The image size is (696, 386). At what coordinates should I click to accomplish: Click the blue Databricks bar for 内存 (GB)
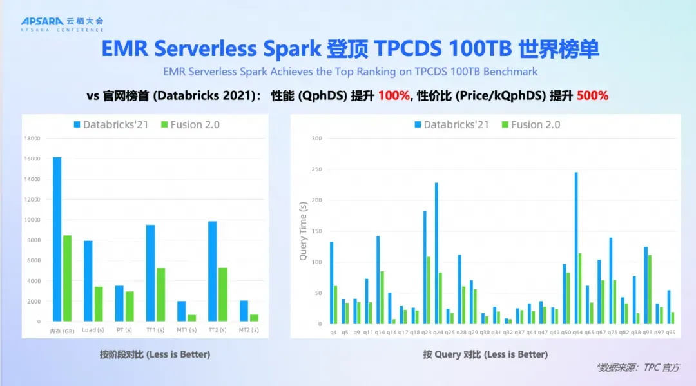click(x=57, y=238)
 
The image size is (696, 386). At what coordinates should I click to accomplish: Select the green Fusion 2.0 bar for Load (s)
click(x=99, y=304)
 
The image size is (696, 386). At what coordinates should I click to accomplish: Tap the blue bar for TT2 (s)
click(x=213, y=271)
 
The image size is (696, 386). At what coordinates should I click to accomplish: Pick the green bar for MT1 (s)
click(x=192, y=318)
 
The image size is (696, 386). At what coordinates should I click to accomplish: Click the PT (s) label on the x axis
click(x=124, y=330)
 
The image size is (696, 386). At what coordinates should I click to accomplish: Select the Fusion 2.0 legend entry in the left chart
click(x=191, y=124)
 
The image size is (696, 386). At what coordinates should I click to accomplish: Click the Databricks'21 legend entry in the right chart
click(x=451, y=124)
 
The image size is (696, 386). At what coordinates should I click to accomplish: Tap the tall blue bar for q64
click(x=575, y=247)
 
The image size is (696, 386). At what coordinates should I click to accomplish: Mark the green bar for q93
click(x=650, y=289)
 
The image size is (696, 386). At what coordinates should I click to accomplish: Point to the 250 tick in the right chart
click(x=316, y=169)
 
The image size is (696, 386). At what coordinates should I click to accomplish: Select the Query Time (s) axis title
click(x=303, y=231)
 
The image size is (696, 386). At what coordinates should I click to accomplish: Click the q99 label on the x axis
click(x=671, y=333)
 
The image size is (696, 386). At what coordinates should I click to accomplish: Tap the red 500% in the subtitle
click(x=592, y=95)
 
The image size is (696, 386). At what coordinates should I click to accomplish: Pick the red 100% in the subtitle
click(x=394, y=95)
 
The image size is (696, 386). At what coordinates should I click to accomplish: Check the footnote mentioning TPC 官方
click(x=638, y=367)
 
